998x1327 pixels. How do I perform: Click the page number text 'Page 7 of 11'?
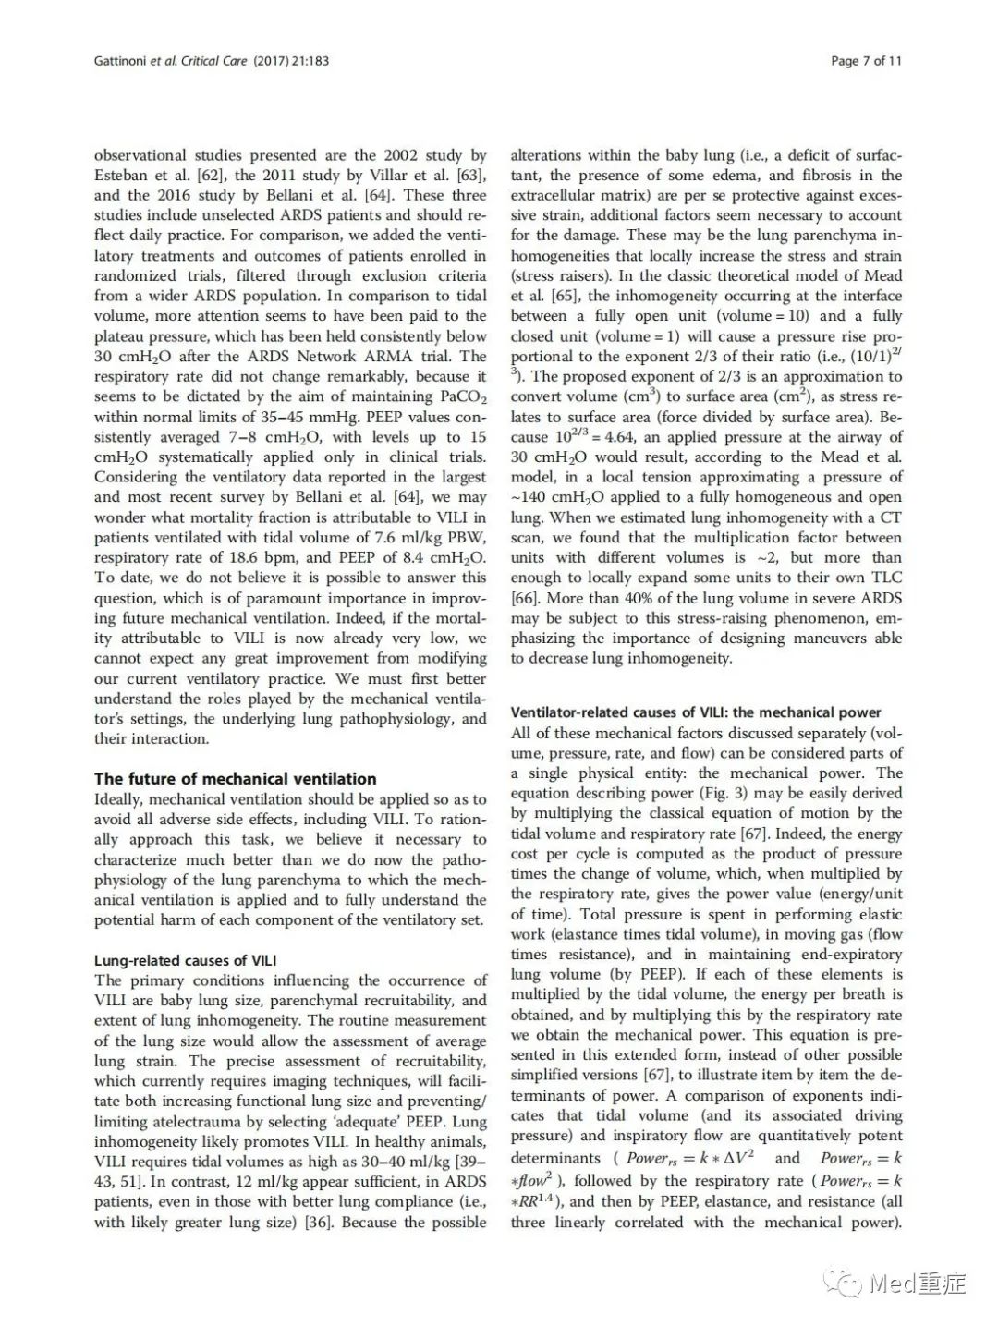[866, 61]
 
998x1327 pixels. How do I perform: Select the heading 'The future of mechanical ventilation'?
[236, 778]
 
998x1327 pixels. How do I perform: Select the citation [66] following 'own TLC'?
[525, 598]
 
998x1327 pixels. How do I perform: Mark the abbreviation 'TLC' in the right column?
[884, 578]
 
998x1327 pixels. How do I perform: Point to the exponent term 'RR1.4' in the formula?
[543, 1201]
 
